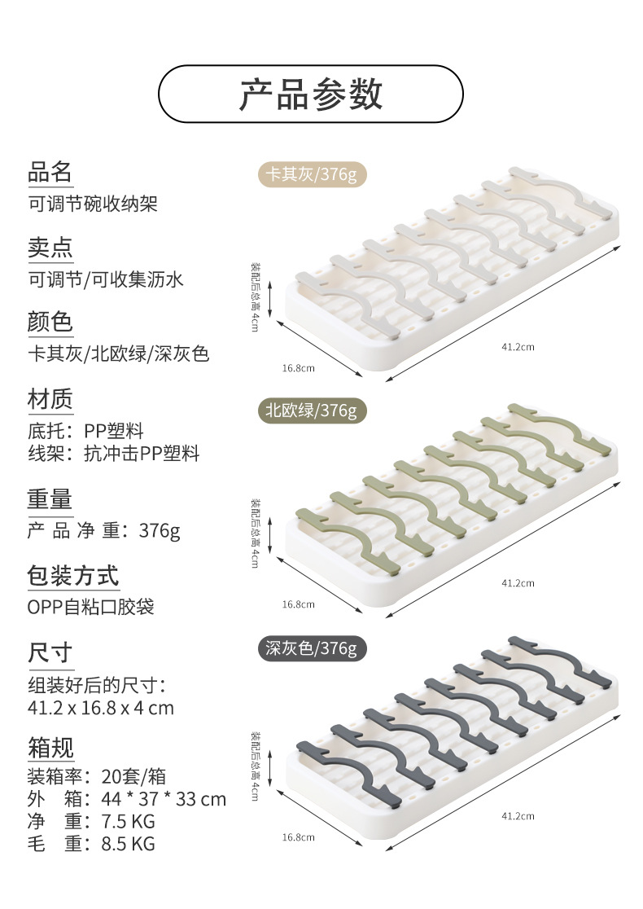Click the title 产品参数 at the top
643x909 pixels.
coord(310,94)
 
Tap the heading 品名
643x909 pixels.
coord(50,172)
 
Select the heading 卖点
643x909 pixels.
coord(50,248)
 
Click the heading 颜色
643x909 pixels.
coord(50,323)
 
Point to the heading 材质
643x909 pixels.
coord(50,399)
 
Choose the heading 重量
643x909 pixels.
coord(50,498)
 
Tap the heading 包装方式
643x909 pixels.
coord(73,576)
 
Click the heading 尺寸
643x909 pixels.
coord(50,652)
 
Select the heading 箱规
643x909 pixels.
coord(50,746)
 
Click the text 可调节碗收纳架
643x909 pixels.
coord(93,203)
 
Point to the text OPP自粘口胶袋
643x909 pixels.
coord(91,607)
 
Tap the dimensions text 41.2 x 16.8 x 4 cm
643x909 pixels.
coord(101,707)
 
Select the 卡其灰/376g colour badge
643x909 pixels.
coord(307,174)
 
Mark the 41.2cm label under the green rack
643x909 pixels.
coord(518,582)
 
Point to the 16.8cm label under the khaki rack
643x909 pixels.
coord(298,368)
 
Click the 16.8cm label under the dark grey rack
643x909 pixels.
coord(298,837)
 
